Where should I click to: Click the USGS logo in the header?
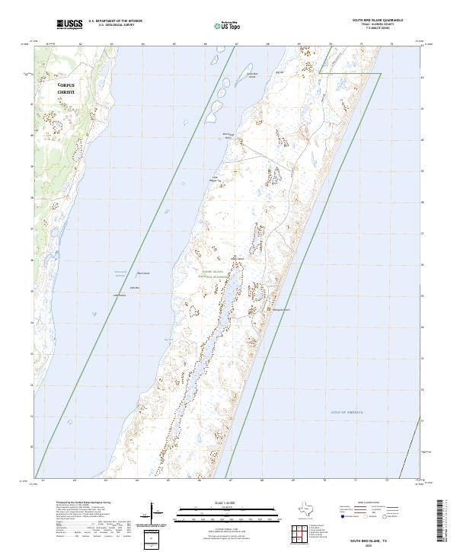69,24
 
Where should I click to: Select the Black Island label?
143,273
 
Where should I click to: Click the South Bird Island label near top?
251,75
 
